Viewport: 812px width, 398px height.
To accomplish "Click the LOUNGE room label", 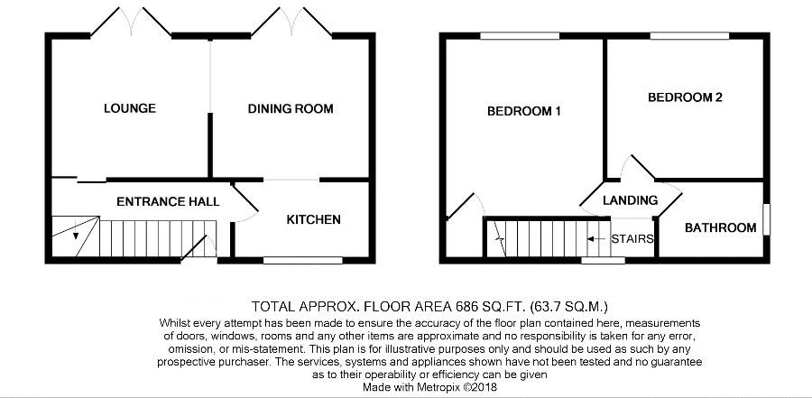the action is pos(129,108).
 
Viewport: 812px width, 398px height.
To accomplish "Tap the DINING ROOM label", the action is pos(290,109).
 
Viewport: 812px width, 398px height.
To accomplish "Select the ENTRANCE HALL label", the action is pos(168,201).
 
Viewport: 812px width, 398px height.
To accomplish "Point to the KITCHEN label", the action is pos(314,219).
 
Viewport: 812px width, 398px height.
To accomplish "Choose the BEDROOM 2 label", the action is pos(685,97).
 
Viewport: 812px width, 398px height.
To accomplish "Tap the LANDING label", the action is pos(631,200).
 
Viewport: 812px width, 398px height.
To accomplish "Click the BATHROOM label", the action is pos(720,227).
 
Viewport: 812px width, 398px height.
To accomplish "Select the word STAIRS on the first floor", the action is pos(632,239).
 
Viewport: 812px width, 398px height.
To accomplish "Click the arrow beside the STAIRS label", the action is pos(597,239).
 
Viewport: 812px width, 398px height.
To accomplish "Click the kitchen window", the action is pos(303,260).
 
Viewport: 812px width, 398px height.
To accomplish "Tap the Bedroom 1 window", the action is pos(520,36).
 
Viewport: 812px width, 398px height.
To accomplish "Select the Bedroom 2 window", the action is pos(690,36).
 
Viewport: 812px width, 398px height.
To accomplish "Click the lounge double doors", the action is pos(131,22).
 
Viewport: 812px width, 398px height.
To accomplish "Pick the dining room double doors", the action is pos(291,22).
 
